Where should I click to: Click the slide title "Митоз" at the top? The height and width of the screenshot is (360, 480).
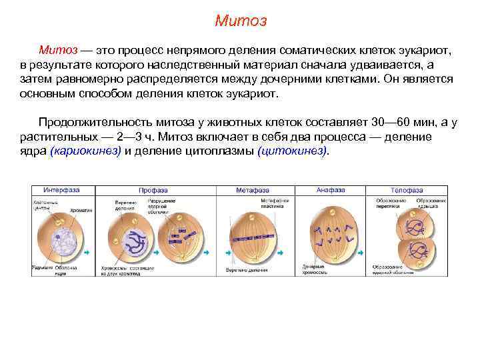241,21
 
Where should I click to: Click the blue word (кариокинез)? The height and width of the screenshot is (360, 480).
86,150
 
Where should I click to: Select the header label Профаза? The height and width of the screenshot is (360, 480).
152,190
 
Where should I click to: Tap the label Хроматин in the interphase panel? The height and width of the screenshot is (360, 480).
81,210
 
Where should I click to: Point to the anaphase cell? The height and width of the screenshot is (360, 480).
333,233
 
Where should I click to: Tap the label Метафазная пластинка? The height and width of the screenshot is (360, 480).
275,203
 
